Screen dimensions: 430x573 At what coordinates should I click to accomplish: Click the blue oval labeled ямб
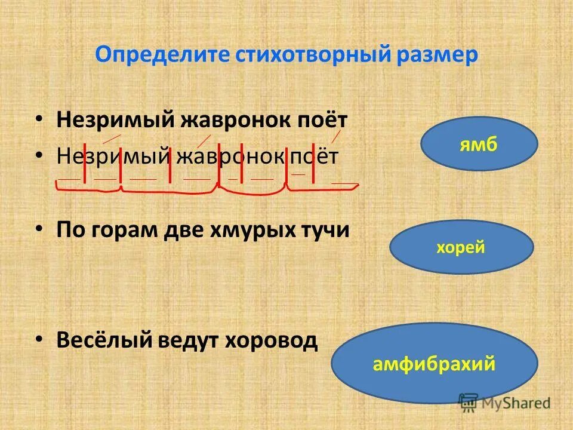pos(479,144)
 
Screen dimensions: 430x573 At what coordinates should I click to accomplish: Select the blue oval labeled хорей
pos(461,247)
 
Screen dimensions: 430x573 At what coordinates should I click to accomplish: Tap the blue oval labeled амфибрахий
pos(434,364)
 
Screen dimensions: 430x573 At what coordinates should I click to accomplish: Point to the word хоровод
pos(272,340)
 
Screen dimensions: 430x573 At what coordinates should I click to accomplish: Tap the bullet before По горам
pos(39,230)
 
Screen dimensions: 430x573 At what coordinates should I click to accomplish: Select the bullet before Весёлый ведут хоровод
pos(39,339)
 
